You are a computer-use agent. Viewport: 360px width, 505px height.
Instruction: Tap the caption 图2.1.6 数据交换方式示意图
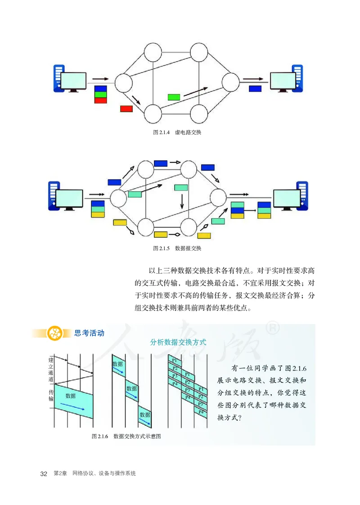[x=126, y=436]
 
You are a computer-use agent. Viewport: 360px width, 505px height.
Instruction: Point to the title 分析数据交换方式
[x=178, y=342]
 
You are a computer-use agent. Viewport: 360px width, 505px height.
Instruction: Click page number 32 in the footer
[x=44, y=474]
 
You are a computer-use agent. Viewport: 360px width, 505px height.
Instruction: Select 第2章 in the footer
[x=60, y=474]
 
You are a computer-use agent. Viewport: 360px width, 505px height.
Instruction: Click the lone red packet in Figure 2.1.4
[x=126, y=108]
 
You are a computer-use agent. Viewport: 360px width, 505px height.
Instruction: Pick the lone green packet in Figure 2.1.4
[x=174, y=97]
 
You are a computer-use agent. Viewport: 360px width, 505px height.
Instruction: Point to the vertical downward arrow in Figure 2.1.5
[x=182, y=201]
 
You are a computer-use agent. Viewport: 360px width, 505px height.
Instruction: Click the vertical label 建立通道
[x=51, y=370]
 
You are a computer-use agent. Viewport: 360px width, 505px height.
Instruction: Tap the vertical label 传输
[x=51, y=395]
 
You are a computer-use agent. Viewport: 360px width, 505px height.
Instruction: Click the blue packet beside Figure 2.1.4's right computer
[x=255, y=89]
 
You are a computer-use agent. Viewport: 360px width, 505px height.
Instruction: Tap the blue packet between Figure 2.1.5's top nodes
[x=161, y=163]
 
